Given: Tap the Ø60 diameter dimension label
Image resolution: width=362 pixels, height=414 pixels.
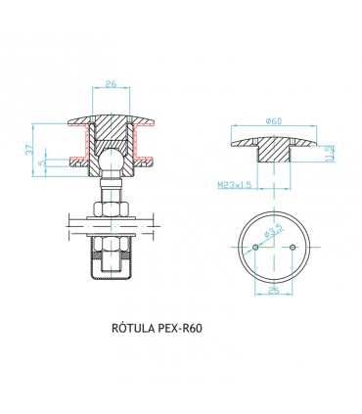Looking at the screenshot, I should (275, 120).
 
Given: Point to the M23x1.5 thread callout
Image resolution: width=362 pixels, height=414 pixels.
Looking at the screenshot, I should (236, 183).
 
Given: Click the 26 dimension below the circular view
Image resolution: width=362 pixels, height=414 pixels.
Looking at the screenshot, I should (274, 291).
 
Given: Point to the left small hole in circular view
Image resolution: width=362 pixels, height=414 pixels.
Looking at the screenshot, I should (254, 247).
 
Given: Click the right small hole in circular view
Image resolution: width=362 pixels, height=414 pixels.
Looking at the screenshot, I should (294, 247).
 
